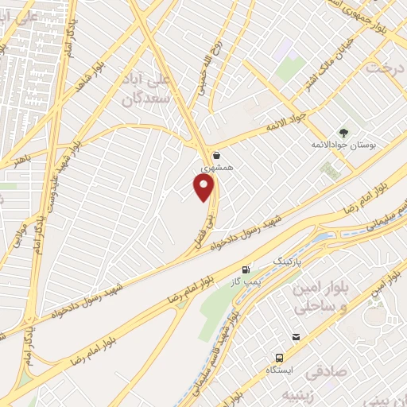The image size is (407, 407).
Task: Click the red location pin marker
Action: (204, 187)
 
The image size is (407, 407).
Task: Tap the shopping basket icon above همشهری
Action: (217, 156)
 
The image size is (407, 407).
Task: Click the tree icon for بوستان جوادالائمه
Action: (343, 133)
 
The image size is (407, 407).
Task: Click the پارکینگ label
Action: (289, 261)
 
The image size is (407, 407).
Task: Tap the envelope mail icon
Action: (296, 338)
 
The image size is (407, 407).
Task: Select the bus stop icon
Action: (279, 358)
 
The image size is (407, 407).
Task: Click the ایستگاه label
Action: (278, 371)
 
